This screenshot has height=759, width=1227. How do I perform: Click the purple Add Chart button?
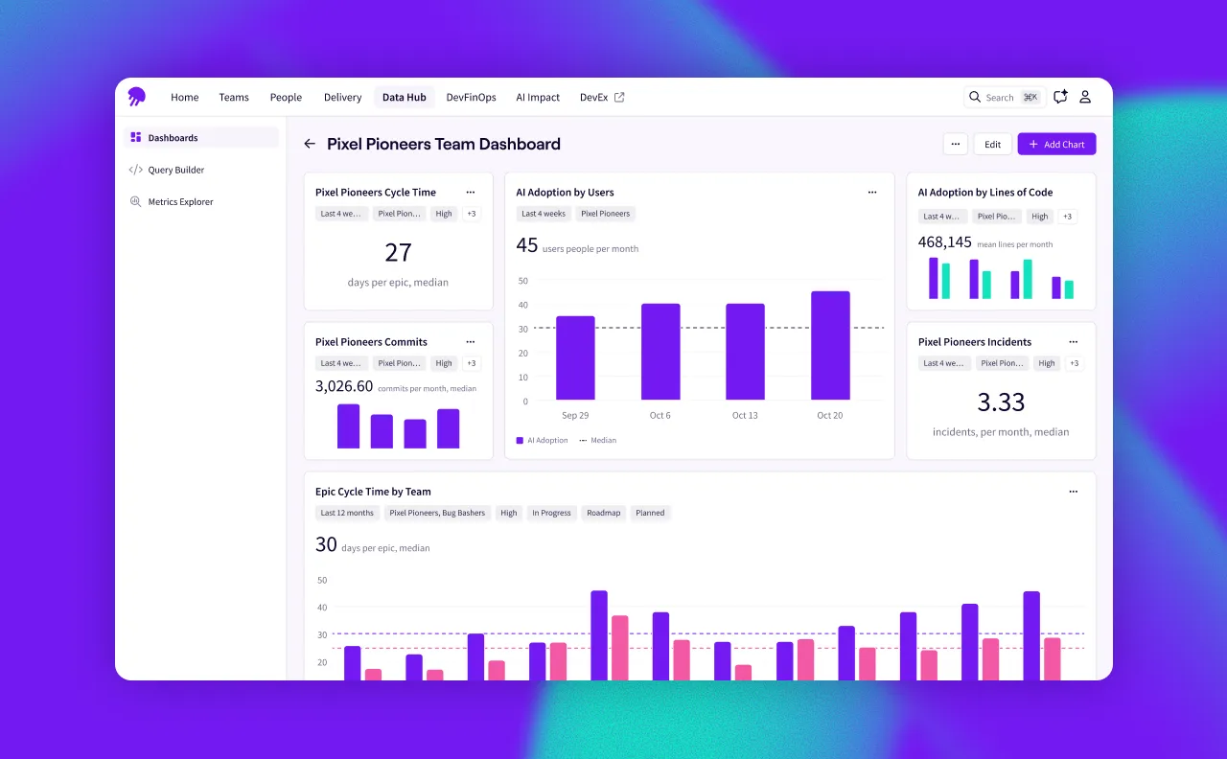tap(1056, 145)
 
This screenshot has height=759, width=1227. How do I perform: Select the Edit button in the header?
tap(992, 145)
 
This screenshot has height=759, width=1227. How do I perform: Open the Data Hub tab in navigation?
tap(404, 97)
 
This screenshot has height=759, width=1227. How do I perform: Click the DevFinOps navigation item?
tap(471, 97)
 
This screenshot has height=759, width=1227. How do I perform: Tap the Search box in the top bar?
tap(1004, 97)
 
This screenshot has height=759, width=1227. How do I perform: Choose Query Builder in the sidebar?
tap(175, 170)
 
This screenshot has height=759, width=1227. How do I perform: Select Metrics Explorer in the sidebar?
tap(180, 202)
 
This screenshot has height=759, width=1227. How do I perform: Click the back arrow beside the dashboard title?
tap(310, 144)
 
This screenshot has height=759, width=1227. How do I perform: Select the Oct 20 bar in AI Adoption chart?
tap(830, 345)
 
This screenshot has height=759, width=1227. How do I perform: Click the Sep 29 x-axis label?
tap(575, 415)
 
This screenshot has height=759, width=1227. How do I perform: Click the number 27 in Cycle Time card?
tap(398, 252)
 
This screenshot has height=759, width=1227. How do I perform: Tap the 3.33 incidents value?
tap(1001, 402)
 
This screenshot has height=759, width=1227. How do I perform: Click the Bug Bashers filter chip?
tap(437, 513)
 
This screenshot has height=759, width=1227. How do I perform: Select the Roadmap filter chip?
tap(604, 513)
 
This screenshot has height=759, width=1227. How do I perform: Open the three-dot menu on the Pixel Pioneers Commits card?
tap(470, 342)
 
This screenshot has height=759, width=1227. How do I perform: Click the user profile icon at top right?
tap(1085, 97)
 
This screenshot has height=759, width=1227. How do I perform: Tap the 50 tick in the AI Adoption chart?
tap(522, 281)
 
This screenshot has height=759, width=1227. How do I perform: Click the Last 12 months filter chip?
tap(347, 513)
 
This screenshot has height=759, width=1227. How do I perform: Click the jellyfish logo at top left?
tap(137, 97)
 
